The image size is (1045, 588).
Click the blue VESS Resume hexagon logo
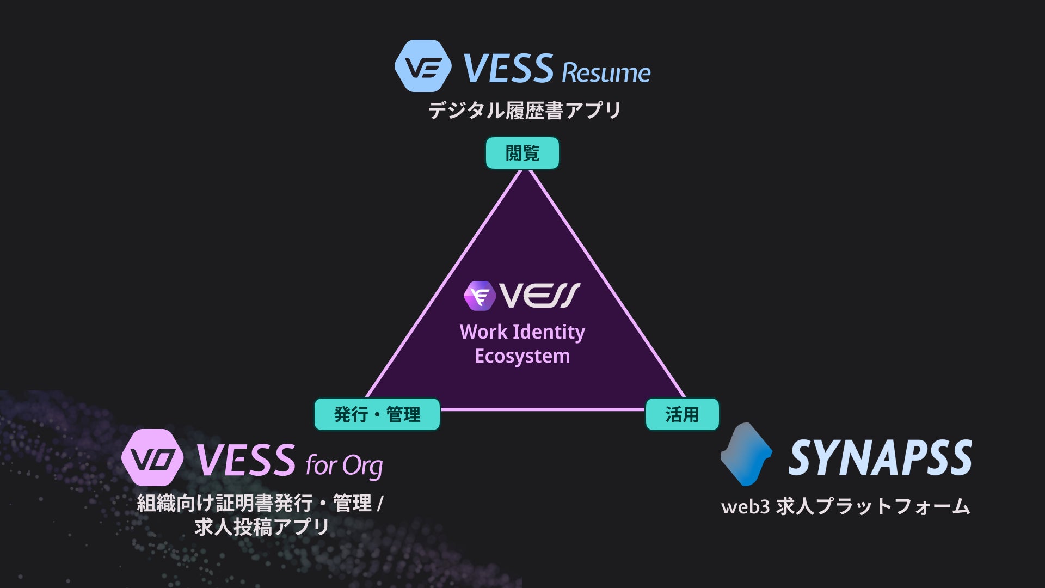pos(423,66)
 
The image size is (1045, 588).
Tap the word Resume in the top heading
pos(606,73)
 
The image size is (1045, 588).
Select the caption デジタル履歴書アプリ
pos(524,111)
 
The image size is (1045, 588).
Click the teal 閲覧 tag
pos(522,153)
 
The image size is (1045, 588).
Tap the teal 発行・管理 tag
pos(377,415)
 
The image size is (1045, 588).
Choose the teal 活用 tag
pos(682,415)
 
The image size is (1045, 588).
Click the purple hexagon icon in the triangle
pos(480,296)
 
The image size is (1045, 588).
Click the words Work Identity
pos(522,332)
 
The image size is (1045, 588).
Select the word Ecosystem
pos(522,356)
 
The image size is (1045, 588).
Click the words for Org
pos(344,465)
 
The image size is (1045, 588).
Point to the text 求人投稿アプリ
pos(262,527)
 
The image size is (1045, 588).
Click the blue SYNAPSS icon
pos(746,454)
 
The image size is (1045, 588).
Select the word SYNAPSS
pos(880,457)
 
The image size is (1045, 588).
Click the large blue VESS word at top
pos(508,69)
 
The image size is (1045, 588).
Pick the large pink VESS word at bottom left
pos(245,460)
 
